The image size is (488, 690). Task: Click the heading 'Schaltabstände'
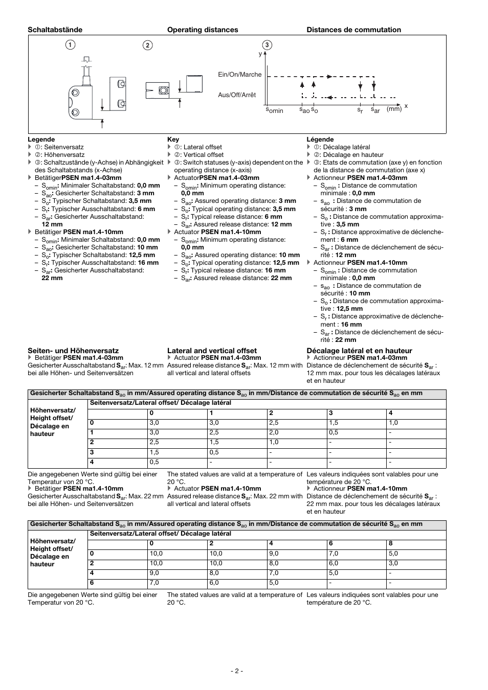pyautogui.click(x=55, y=30)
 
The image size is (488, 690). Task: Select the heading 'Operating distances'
pyautogui.click(x=203, y=30)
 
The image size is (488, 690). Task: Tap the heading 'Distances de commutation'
pyautogui.click(x=353, y=30)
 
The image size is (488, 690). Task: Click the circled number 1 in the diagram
pyautogui.click(x=70, y=44)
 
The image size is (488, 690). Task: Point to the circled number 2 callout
pyautogui.click(x=147, y=45)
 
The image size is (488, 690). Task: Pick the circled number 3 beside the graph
pyautogui.click(x=267, y=45)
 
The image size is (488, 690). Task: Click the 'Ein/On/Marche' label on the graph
pyautogui.click(x=239, y=75)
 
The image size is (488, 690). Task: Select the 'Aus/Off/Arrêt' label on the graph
pyautogui.click(x=237, y=95)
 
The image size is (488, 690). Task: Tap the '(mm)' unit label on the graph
pyautogui.click(x=394, y=109)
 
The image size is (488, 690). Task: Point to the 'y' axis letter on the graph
pyautogui.click(x=260, y=54)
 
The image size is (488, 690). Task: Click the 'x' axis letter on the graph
pyautogui.click(x=406, y=106)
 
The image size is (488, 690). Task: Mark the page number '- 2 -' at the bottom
pyautogui.click(x=236, y=671)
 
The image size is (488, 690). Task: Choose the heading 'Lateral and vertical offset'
pyautogui.click(x=212, y=351)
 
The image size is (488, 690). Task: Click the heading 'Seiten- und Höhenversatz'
pyautogui.click(x=73, y=351)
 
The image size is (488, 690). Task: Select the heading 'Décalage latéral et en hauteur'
pyautogui.click(x=359, y=351)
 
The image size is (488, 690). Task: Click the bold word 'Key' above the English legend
pyautogui.click(x=173, y=140)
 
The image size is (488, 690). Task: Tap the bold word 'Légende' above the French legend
pyautogui.click(x=320, y=140)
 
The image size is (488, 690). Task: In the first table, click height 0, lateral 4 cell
pyautogui.click(x=393, y=423)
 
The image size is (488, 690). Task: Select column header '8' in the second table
pyautogui.click(x=391, y=543)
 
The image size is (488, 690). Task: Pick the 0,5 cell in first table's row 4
pyautogui.click(x=154, y=462)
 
